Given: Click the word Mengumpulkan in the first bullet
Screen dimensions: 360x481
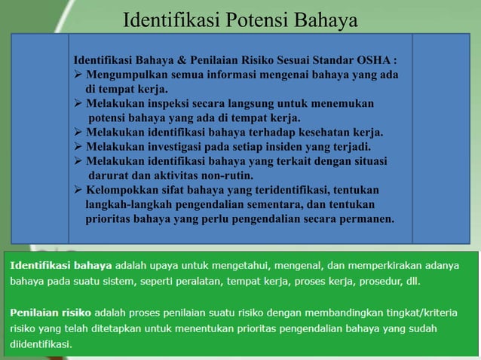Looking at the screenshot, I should click(x=124, y=75).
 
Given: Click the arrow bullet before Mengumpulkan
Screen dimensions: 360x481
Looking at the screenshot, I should click(x=78, y=75).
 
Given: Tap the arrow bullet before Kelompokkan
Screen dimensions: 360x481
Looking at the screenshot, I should click(x=78, y=190).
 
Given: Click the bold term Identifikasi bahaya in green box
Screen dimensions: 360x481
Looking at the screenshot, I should click(x=60, y=265).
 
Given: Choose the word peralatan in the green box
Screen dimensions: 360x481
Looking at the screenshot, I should click(x=206, y=281).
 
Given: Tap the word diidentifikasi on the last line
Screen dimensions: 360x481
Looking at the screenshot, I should click(x=41, y=343).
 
